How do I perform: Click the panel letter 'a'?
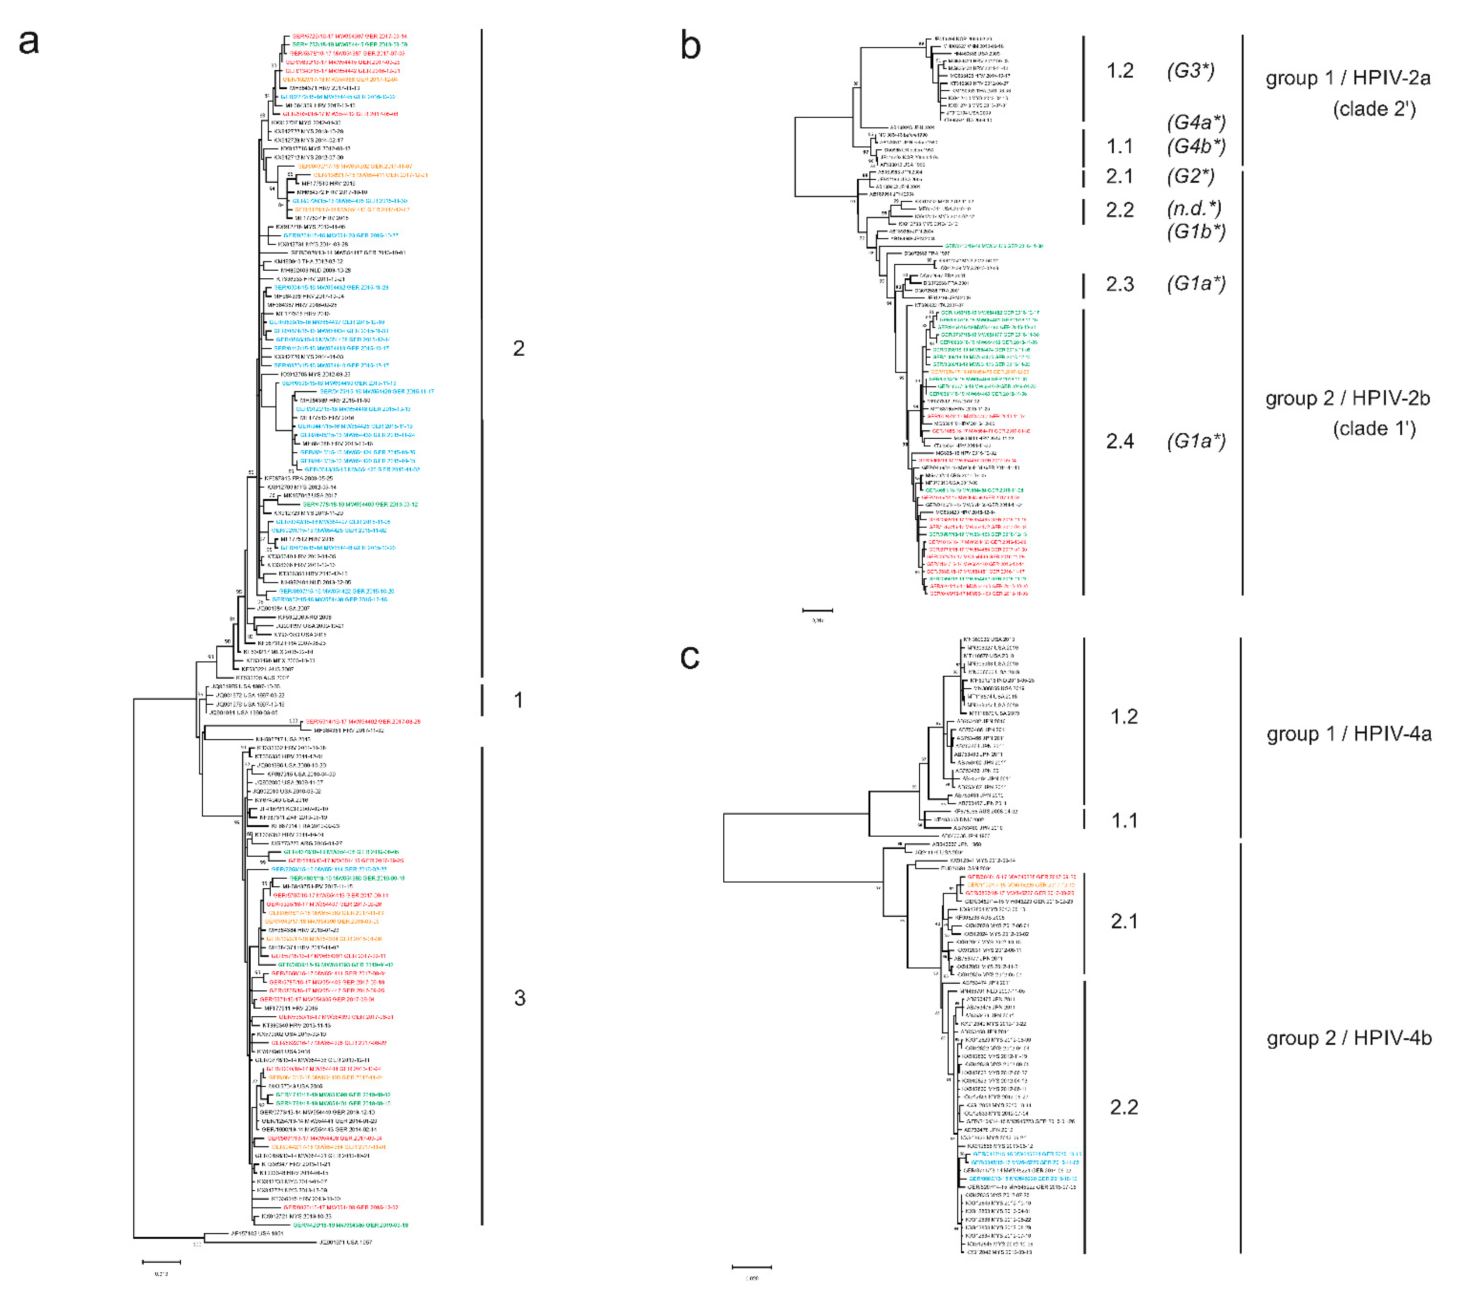pos(29,42)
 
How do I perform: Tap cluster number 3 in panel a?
pos(520,998)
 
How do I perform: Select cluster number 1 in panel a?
pos(518,700)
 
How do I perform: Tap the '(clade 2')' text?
pos(1374,109)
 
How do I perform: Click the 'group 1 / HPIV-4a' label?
pos(1349,734)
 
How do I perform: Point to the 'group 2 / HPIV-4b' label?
pos(1349,1038)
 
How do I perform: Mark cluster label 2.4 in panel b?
pos(1120,441)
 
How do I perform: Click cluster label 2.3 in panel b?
pos(1120,284)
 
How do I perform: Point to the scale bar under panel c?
pos(752,1267)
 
